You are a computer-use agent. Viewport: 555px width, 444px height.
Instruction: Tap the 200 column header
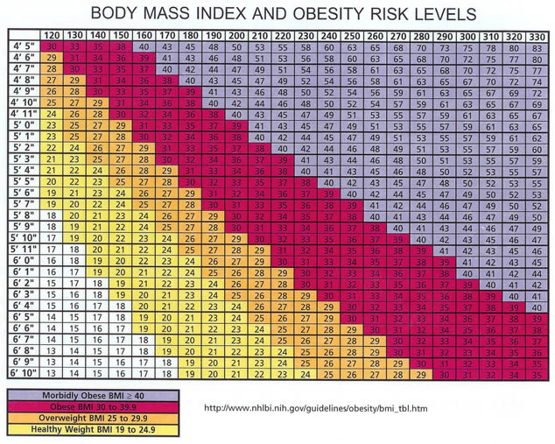point(235,34)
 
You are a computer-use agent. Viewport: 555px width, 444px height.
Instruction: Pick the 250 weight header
point(350,34)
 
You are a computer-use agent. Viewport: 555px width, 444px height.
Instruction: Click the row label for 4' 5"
point(20,46)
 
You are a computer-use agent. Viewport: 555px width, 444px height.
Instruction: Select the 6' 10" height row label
point(20,373)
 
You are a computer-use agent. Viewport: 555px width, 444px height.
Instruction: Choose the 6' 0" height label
point(20,260)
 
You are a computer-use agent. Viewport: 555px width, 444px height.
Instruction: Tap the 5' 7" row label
point(20,203)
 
